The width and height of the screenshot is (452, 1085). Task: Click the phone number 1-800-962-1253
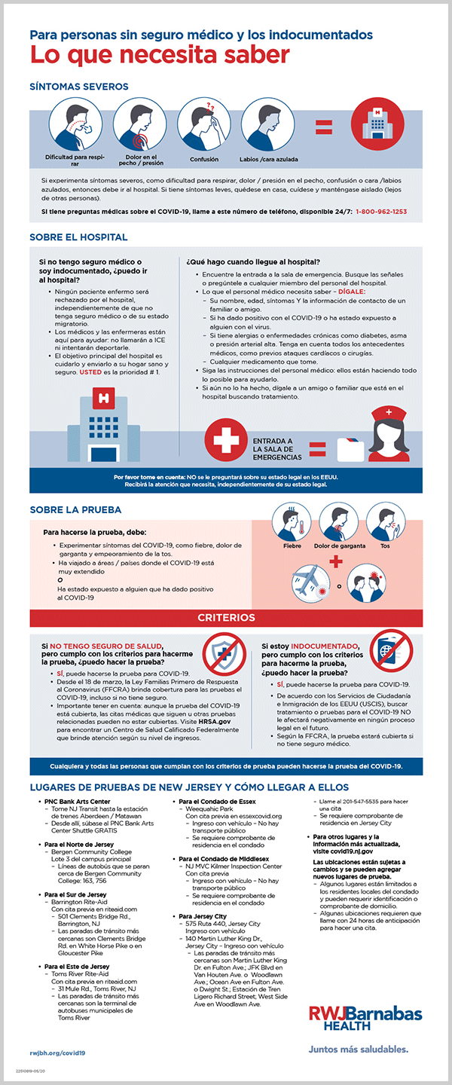pyautogui.click(x=381, y=212)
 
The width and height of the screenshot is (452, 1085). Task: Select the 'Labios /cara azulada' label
pyautogui.click(x=269, y=160)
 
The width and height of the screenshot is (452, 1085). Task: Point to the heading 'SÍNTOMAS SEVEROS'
pyautogui.click(x=79, y=87)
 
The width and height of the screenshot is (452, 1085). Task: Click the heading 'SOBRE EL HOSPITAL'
pyautogui.click(x=78, y=237)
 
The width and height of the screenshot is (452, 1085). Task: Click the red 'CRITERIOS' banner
pyautogui.click(x=226, y=617)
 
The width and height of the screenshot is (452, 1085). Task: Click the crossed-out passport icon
pyautogui.click(x=394, y=653)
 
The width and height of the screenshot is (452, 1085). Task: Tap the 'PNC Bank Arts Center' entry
pyautogui.click(x=77, y=801)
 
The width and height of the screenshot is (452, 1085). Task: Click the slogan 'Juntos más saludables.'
pyautogui.click(x=359, y=1048)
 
